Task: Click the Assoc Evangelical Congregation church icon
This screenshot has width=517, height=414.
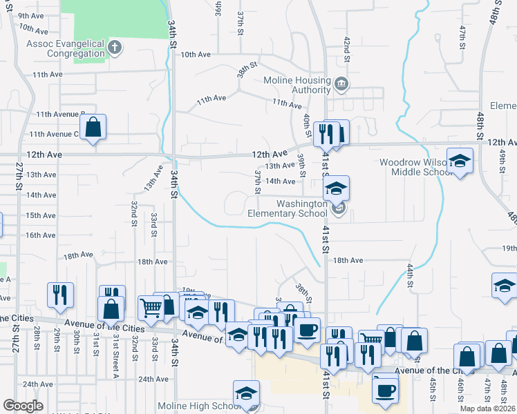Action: click(x=115, y=47)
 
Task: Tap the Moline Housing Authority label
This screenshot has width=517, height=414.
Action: click(x=297, y=85)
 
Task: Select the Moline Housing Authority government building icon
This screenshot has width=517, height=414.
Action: click(x=341, y=85)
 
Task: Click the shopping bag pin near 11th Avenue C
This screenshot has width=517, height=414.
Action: click(x=93, y=128)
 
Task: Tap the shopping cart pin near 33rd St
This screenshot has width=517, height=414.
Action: click(x=151, y=307)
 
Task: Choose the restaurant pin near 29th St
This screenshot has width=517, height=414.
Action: click(x=60, y=295)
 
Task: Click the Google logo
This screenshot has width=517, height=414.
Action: click(x=23, y=406)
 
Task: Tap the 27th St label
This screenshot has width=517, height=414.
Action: click(x=19, y=177)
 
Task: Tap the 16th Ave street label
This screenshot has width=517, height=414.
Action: click(x=40, y=235)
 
